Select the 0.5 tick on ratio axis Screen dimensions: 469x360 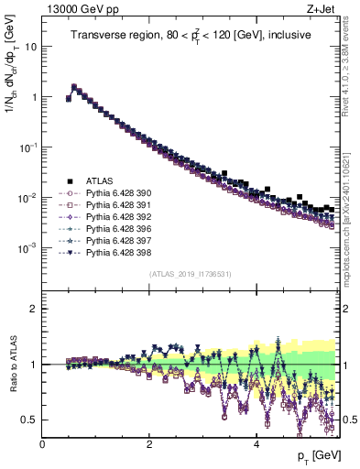pos(30,420)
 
